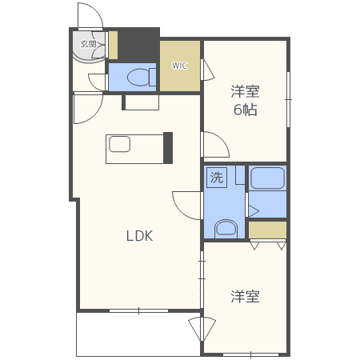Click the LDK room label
click(x=138, y=236)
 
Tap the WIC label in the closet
click(x=179, y=66)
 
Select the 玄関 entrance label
click(x=88, y=44)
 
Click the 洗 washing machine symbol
click(x=217, y=178)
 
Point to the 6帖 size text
click(x=245, y=110)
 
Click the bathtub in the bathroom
click(x=267, y=178)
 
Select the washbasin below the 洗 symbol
click(x=226, y=227)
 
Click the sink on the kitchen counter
click(x=120, y=145)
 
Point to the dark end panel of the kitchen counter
click(x=167, y=147)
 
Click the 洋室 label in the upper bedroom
click(x=246, y=90)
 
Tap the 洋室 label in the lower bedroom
click(x=245, y=297)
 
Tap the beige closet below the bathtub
click(x=267, y=230)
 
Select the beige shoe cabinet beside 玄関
click(x=114, y=45)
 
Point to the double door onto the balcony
click(x=202, y=329)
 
